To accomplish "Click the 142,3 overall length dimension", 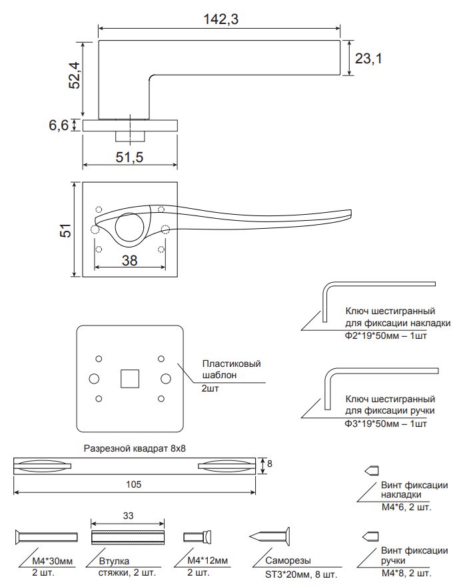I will [x=220, y=19].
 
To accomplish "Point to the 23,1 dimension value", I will [x=368, y=59].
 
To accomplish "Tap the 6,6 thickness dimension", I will [x=59, y=125].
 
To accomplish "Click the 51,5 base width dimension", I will [x=130, y=157].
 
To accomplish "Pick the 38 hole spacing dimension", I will [x=130, y=261].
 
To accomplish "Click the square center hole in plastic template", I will [x=129, y=379].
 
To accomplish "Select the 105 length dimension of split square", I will [x=135, y=484].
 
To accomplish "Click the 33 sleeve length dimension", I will [x=129, y=516].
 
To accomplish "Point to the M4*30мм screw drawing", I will [x=46, y=536].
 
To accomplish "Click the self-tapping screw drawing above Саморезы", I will [x=270, y=536].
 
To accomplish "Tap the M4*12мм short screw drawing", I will [x=198, y=536].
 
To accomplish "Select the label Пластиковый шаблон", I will [x=230, y=370].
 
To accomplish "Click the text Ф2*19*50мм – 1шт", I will [x=386, y=336].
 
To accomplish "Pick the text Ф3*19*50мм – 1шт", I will [x=386, y=424].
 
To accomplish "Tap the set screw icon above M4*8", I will [x=370, y=536].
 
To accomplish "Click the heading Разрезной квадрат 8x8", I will [x=135, y=449].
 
